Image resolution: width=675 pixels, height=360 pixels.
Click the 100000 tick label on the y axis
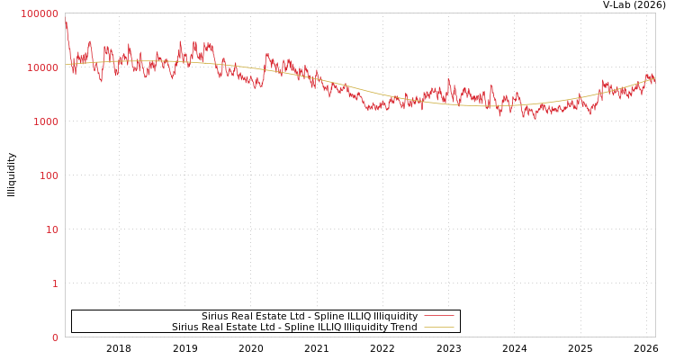pyautogui.click(x=40, y=13)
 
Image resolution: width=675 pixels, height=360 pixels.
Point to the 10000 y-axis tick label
pyautogui.click(x=42, y=67)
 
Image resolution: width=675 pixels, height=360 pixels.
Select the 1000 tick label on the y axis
pyautogui.click(x=45, y=121)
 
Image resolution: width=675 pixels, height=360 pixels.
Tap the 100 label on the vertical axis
pyautogui.click(x=49, y=175)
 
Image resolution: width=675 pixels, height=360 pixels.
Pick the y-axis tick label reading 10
pyautogui.click(x=52, y=229)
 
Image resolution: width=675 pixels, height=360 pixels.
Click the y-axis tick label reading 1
pyautogui.click(x=55, y=283)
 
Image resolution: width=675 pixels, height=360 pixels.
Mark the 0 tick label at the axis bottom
pyautogui.click(x=55, y=337)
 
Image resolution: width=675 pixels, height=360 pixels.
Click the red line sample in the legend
pyautogui.click(x=438, y=316)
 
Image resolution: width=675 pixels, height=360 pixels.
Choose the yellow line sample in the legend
pyautogui.click(x=438, y=327)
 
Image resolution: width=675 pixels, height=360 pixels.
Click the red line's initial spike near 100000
pyautogui.click(x=66, y=19)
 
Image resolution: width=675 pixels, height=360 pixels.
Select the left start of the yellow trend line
pyautogui.click(x=67, y=64)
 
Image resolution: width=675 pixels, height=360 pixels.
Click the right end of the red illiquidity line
pyautogui.click(x=654, y=79)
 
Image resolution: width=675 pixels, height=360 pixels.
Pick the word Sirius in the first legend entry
pyautogui.click(x=215, y=317)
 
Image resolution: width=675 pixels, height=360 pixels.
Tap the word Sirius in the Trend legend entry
pyautogui.click(x=185, y=328)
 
